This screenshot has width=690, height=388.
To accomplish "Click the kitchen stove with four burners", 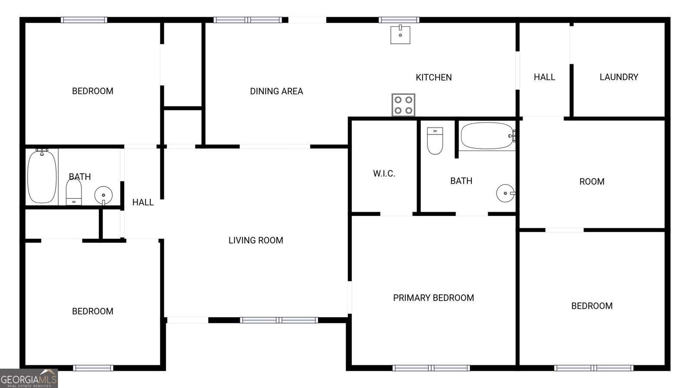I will pyautogui.click(x=403, y=105).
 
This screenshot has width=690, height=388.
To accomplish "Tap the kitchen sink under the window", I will pyautogui.click(x=400, y=34).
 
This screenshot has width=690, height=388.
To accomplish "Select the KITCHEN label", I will pyautogui.click(x=433, y=78).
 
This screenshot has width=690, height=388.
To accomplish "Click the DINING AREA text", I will pyautogui.click(x=276, y=91).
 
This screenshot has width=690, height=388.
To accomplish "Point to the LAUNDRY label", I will pyautogui.click(x=618, y=77).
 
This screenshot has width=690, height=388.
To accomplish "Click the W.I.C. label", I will pyautogui.click(x=384, y=174).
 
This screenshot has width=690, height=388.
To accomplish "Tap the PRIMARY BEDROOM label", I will pyautogui.click(x=433, y=298).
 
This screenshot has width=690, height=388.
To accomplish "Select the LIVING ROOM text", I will pyautogui.click(x=256, y=241).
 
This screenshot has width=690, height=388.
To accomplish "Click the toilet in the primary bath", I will pyautogui.click(x=435, y=141).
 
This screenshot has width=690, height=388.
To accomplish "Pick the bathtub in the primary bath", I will pyautogui.click(x=487, y=136).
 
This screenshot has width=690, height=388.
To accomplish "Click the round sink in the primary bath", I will pyautogui.click(x=505, y=193).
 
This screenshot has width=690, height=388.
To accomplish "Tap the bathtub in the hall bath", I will pyautogui.click(x=42, y=177).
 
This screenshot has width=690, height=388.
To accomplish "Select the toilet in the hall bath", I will pyautogui.click(x=74, y=192).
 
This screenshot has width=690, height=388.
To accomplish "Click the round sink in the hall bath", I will pyautogui.click(x=103, y=195).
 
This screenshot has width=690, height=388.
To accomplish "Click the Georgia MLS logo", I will pyautogui.click(x=29, y=379).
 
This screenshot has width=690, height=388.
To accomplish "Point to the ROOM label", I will pyautogui.click(x=592, y=182).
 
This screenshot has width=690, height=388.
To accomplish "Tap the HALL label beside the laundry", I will pyautogui.click(x=544, y=77).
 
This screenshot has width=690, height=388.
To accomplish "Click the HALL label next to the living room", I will pyautogui.click(x=143, y=202).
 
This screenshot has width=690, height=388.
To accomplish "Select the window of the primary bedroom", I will pyautogui.click(x=431, y=368).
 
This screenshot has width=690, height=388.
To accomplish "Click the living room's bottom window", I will pyautogui.click(x=279, y=320).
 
